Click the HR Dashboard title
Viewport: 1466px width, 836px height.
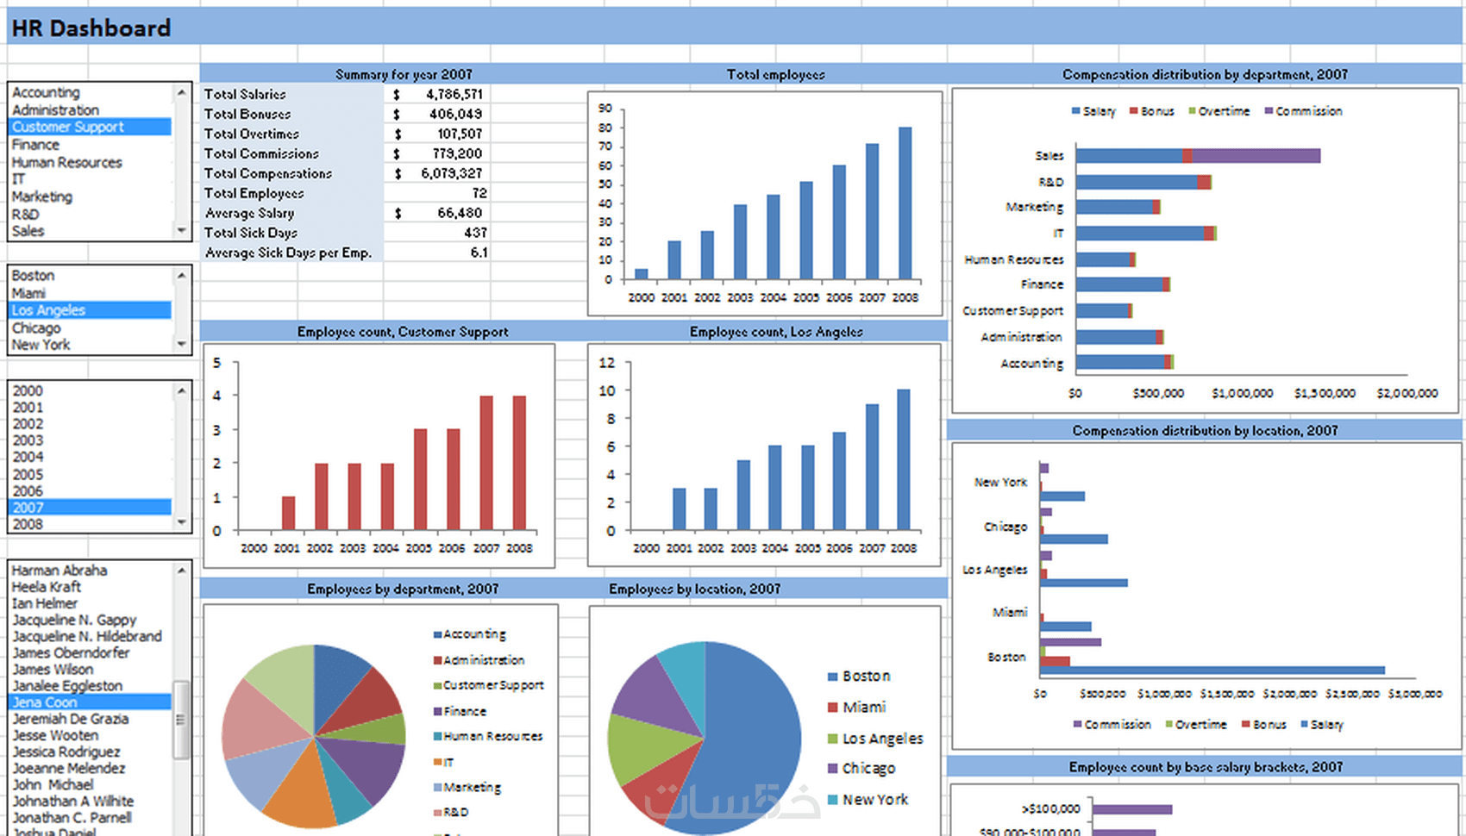[91, 28]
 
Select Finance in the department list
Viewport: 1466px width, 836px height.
[36, 145]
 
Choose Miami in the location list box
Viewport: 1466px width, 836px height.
[28, 293]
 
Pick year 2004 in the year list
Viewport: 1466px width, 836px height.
[28, 457]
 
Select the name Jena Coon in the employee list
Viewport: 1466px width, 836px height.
[45, 702]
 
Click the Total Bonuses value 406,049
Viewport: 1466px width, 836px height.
[454, 114]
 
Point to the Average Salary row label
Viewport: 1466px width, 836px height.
[250, 213]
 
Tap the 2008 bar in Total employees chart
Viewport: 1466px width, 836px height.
[905, 203]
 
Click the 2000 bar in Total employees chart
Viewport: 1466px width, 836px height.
[641, 274]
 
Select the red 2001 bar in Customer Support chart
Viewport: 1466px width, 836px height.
[288, 513]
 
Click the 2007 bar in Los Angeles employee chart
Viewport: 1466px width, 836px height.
[872, 466]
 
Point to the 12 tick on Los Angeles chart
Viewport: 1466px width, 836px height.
[607, 363]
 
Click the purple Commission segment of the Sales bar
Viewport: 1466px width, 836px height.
[1256, 156]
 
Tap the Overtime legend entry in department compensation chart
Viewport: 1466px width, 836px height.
[1219, 111]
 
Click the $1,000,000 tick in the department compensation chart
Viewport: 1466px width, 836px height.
[1242, 393]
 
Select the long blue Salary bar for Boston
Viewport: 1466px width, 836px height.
[1212, 671]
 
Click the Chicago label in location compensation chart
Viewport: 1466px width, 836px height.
[1006, 527]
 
